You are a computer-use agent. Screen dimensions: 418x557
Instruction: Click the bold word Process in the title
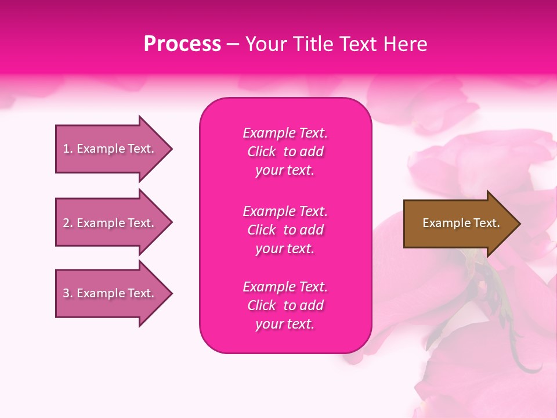[x=182, y=44]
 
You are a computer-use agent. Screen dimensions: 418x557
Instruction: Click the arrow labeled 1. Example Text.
[x=109, y=149]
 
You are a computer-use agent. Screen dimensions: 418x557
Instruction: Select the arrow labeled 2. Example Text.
[x=109, y=223]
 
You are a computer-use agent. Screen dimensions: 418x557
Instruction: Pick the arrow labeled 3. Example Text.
[x=109, y=293]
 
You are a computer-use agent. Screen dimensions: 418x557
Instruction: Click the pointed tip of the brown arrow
[x=518, y=224]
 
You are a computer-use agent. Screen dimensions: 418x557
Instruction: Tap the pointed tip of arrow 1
[x=169, y=149]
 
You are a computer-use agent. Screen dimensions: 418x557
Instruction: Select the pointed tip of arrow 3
[x=169, y=293]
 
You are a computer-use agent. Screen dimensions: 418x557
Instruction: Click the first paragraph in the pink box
[x=285, y=152]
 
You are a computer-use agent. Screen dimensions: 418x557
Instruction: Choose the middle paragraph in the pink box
[x=285, y=230]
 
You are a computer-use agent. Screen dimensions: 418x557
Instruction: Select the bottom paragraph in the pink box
[x=285, y=305]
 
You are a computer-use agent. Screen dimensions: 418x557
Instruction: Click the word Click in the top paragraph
[x=262, y=152]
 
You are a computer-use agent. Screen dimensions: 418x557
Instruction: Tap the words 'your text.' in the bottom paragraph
[x=285, y=324]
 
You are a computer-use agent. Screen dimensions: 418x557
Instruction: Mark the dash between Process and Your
[x=233, y=45]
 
